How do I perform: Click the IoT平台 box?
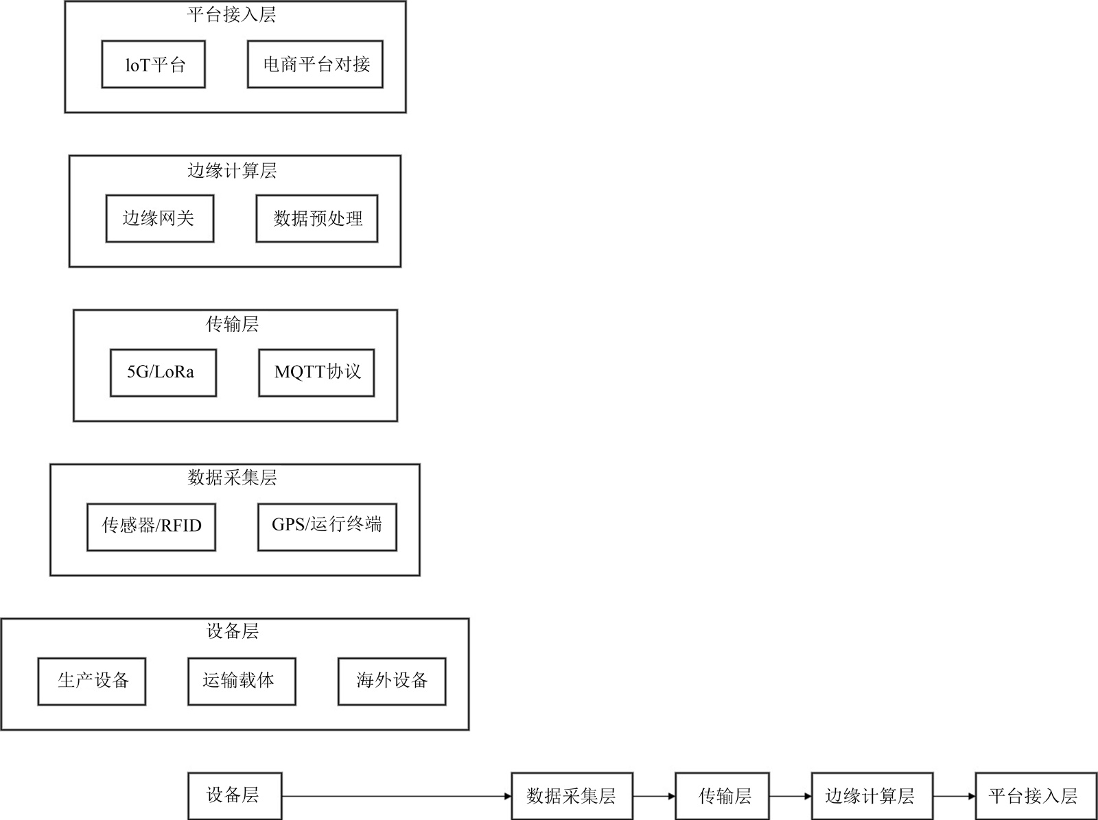click(x=153, y=65)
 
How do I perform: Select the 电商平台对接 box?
click(x=315, y=65)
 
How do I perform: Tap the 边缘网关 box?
click(x=159, y=219)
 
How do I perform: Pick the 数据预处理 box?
click(x=316, y=219)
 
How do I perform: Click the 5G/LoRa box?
click(x=163, y=373)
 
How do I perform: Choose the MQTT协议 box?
click(x=316, y=373)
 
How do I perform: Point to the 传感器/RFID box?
click(x=151, y=527)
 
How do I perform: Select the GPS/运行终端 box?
click(x=327, y=527)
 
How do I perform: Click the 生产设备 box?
click(x=91, y=681)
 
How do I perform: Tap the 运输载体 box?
click(x=242, y=681)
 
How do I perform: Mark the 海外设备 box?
click(x=392, y=681)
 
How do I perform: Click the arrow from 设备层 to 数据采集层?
click(x=397, y=797)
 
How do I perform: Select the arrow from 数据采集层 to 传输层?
click(x=654, y=797)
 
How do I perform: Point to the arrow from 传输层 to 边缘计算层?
click(x=790, y=797)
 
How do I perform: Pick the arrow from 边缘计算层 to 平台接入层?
click(x=954, y=797)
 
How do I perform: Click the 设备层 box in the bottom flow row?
click(x=235, y=796)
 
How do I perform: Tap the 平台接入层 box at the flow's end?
click(x=1035, y=796)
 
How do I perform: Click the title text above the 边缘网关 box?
click(x=232, y=170)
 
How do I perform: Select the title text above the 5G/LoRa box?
click(x=232, y=324)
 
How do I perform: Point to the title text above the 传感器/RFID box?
click(x=232, y=478)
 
